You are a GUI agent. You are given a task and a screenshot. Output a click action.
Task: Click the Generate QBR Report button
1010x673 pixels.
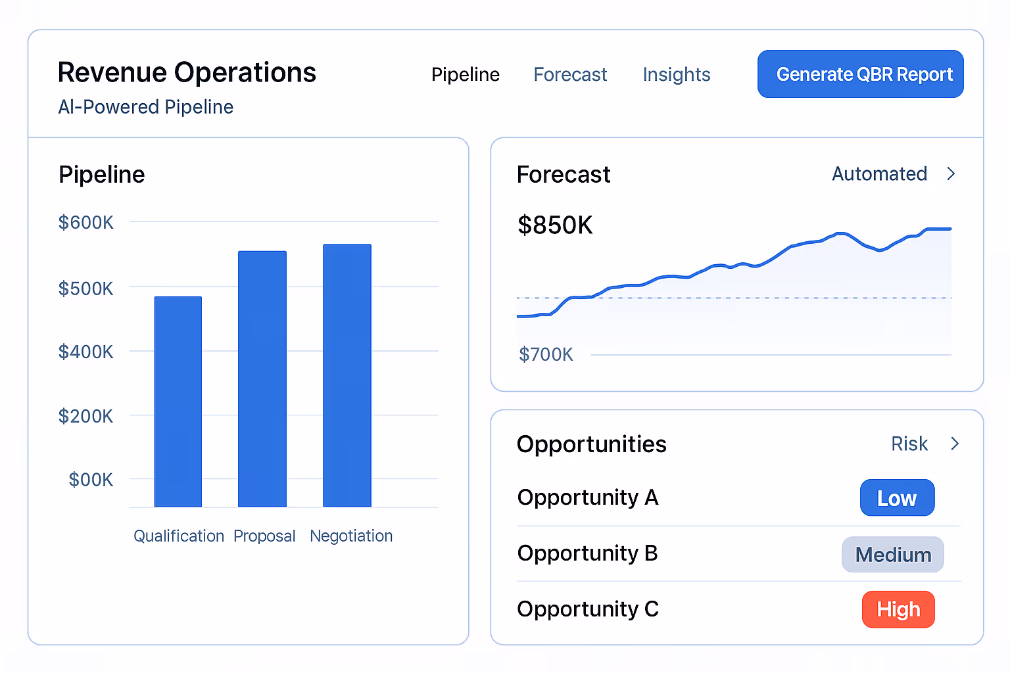click(860, 74)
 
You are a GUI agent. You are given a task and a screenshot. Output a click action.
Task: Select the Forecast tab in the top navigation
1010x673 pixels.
click(570, 75)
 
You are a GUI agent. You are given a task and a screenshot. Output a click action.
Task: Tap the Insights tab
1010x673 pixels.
click(676, 75)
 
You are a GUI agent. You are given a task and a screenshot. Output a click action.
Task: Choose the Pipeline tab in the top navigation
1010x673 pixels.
click(465, 75)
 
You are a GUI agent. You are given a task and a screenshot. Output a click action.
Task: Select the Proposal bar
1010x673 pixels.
click(262, 379)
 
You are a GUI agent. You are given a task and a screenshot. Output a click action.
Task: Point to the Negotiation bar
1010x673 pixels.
click(347, 375)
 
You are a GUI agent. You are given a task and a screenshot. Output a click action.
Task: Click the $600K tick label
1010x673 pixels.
click(86, 223)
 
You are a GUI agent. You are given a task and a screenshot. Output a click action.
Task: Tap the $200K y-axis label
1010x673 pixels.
click(86, 416)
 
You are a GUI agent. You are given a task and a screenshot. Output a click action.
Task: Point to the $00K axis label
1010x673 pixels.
click(91, 480)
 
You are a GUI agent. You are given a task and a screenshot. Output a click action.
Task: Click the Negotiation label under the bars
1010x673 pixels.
click(351, 536)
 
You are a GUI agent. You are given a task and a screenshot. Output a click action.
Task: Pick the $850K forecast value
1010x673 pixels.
click(555, 225)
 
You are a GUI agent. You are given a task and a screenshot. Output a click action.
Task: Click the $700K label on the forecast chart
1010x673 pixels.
click(546, 355)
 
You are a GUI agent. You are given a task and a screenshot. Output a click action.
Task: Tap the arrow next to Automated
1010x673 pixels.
click(951, 174)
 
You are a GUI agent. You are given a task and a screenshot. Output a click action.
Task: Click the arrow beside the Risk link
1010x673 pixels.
click(955, 444)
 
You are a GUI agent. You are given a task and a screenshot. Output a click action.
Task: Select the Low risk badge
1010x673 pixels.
click(897, 498)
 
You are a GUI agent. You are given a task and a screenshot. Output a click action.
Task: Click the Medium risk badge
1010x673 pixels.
click(893, 555)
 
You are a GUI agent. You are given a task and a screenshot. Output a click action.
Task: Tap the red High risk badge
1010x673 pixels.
click(898, 610)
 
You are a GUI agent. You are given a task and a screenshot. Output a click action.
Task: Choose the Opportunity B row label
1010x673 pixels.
click(587, 554)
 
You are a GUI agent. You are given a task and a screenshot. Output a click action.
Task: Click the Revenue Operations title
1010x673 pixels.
click(187, 73)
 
